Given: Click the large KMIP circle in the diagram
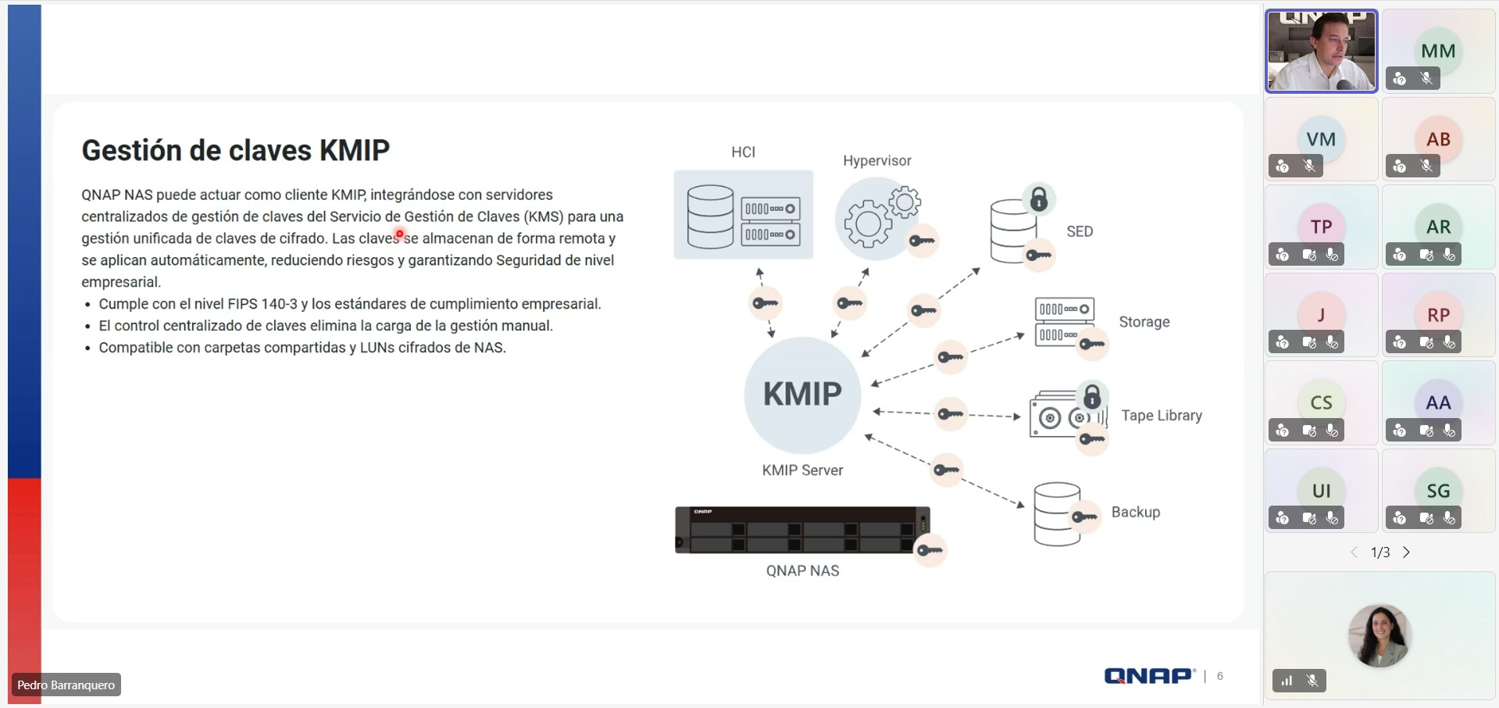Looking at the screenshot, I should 802,395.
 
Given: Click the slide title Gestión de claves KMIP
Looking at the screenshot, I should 235,150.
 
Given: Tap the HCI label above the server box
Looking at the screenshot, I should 743,152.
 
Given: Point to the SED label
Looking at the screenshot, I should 1080,231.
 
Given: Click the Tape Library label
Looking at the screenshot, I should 1161,416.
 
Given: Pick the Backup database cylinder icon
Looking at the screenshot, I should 1056,513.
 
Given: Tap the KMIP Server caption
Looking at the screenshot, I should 802,470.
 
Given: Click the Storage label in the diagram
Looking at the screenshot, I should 1144,322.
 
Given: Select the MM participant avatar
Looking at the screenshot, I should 1437,52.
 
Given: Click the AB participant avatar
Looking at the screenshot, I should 1437,139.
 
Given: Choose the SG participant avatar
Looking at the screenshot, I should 1437,491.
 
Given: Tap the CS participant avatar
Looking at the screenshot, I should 1320,402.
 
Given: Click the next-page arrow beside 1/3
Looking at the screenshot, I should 1406,552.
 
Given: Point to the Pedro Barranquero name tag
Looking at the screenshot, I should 66,685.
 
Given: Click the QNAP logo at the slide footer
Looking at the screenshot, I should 1149,676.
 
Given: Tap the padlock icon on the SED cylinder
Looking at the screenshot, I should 1038,199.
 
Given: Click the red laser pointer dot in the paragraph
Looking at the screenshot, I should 399,234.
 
